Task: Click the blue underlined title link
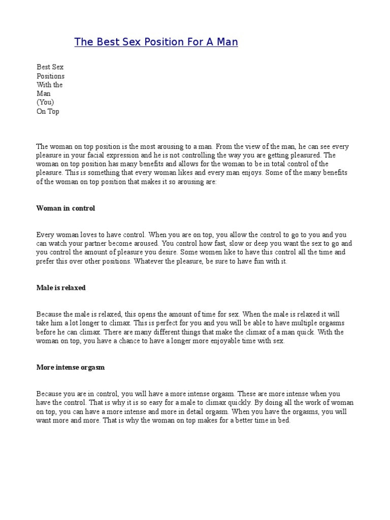[x=156, y=42]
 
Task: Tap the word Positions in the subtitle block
[x=50, y=76]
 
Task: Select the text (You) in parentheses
[x=45, y=103]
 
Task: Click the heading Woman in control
[x=66, y=208]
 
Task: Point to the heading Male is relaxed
[x=61, y=288]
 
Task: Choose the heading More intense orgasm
[x=71, y=367]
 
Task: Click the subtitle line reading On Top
[x=48, y=112]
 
